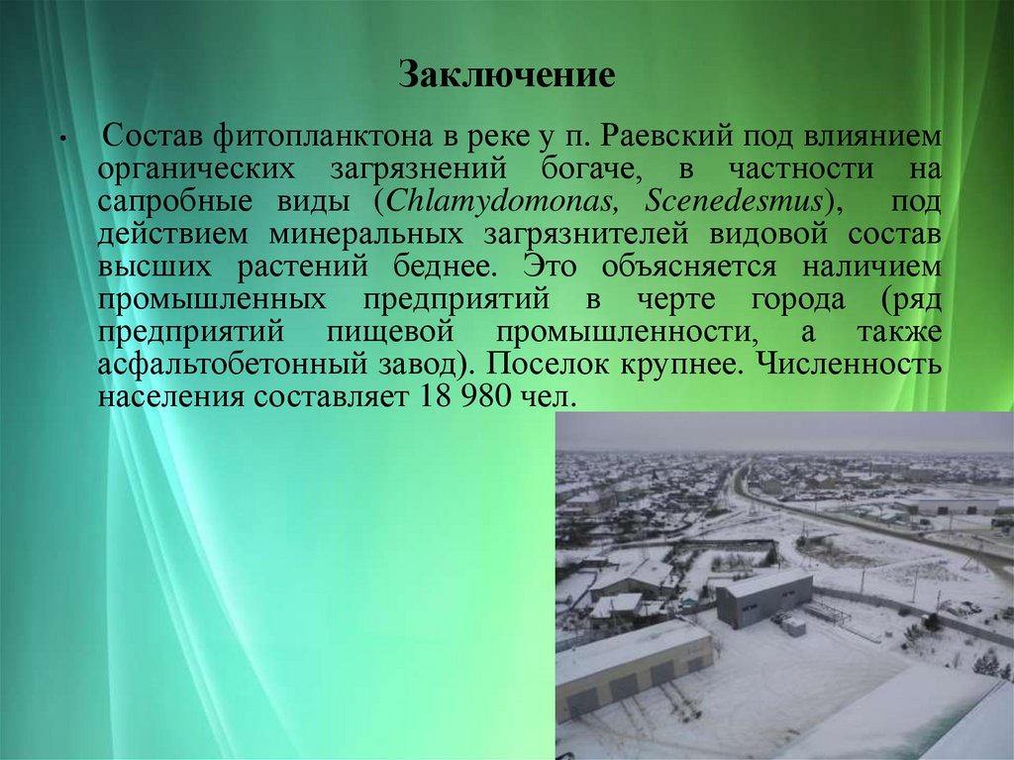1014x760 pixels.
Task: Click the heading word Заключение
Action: click(507, 75)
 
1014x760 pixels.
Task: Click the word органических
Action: click(196, 167)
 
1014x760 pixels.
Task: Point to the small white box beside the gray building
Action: click(794, 626)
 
